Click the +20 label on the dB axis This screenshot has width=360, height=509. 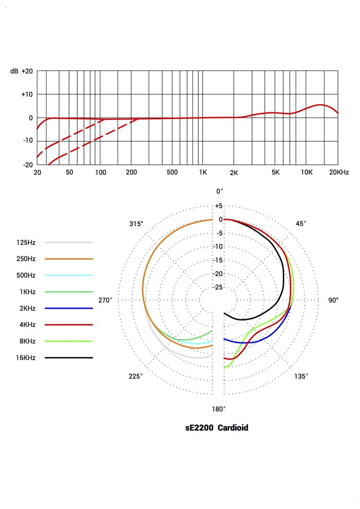pyautogui.click(x=27, y=71)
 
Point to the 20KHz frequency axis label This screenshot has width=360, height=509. pyautogui.click(x=339, y=172)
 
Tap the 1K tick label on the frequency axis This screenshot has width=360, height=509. pyautogui.click(x=203, y=172)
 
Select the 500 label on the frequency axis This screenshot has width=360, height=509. pyautogui.click(x=172, y=172)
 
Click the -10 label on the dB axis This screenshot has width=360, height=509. pyautogui.click(x=27, y=141)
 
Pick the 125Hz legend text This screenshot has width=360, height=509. pyautogui.click(x=26, y=242)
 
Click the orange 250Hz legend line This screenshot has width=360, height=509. pyautogui.click(x=69, y=259)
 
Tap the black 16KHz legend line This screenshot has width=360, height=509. pyautogui.click(x=69, y=358)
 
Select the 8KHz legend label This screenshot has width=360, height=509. pyautogui.click(x=26, y=341)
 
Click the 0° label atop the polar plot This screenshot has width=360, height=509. pyautogui.click(x=219, y=192)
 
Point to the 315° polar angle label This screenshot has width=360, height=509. pyautogui.click(x=136, y=224)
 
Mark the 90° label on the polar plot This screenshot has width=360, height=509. pyautogui.click(x=334, y=300)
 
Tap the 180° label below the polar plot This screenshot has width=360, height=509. pyautogui.click(x=219, y=409)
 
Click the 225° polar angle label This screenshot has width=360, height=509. pyautogui.click(x=136, y=376)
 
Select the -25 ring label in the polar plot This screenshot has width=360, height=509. pyautogui.click(x=218, y=287)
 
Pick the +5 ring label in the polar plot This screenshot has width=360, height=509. pyautogui.click(x=219, y=206)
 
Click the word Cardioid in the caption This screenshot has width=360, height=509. pyautogui.click(x=233, y=427)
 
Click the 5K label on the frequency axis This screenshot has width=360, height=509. pyautogui.click(x=275, y=172)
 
